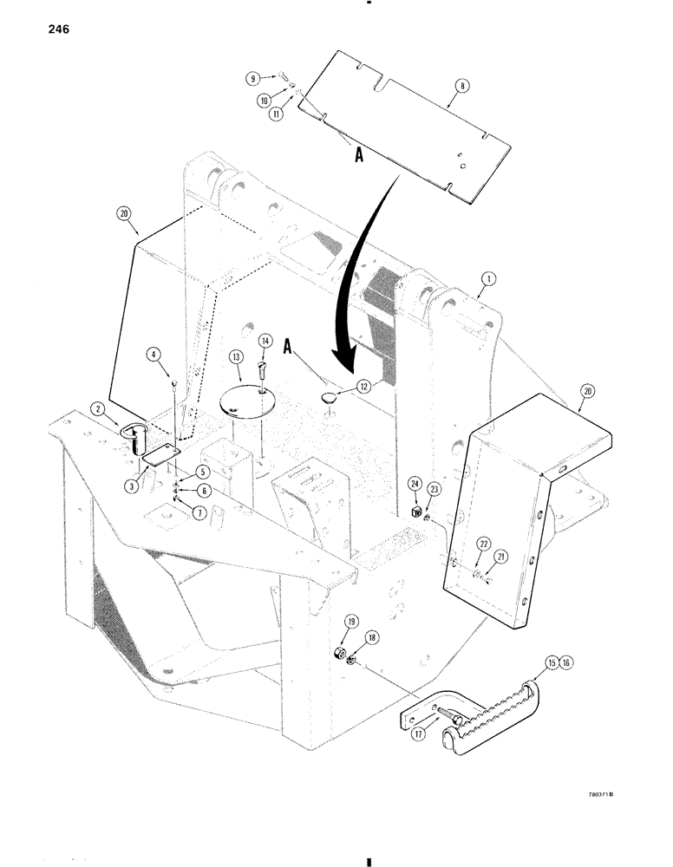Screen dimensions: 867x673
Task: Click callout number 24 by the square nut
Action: (x=415, y=508)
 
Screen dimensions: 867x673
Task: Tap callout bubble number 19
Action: (x=329, y=623)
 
